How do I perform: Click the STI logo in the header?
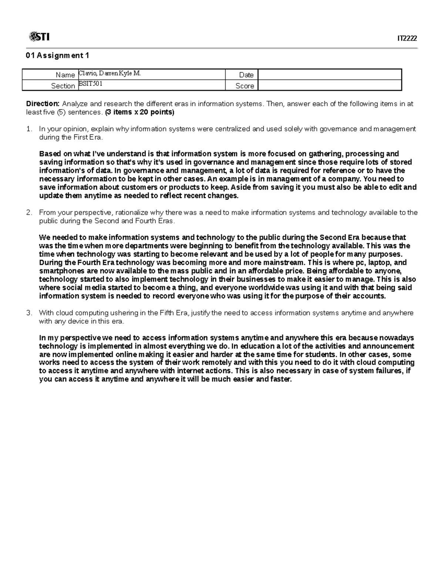coord(39,37)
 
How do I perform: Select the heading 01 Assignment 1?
coord(57,56)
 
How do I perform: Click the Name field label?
coord(65,75)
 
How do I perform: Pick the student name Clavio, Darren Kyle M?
coord(110,73)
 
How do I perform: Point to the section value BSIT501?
coord(91,84)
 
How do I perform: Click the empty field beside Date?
coord(329,74)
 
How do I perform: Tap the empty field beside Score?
coord(329,86)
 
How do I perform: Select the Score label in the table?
coord(245,86)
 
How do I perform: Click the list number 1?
coord(28,129)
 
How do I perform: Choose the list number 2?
coord(28,213)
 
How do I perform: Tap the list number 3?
coord(28,313)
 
